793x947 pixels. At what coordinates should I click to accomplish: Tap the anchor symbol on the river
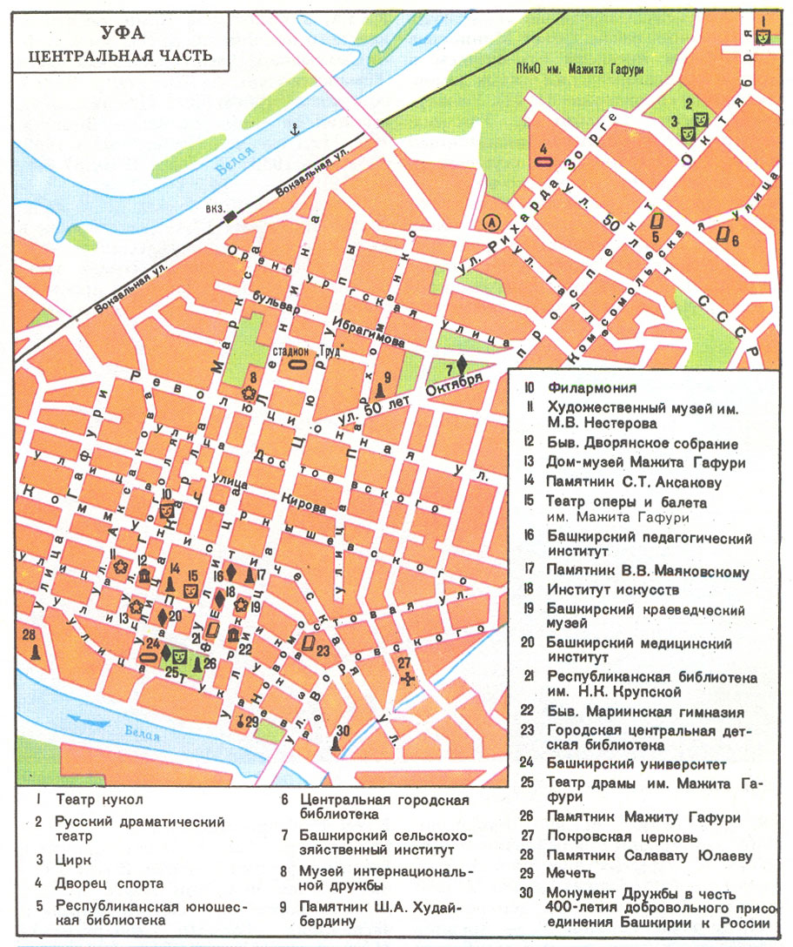click(x=294, y=130)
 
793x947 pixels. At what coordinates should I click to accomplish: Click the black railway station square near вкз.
click(x=230, y=218)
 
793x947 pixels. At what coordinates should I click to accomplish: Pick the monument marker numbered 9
click(x=380, y=392)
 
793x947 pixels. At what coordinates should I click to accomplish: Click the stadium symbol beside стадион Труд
click(x=297, y=366)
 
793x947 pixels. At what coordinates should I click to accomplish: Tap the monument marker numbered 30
click(x=335, y=744)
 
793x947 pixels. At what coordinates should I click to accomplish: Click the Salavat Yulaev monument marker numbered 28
click(x=34, y=652)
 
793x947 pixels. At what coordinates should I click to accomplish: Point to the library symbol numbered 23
click(x=308, y=644)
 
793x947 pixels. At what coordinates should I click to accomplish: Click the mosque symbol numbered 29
click(x=239, y=721)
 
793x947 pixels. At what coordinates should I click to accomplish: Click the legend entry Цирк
click(x=70, y=859)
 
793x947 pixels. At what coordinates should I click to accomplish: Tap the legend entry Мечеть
click(x=570, y=873)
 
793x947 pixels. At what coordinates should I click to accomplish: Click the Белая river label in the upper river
click(x=235, y=163)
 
